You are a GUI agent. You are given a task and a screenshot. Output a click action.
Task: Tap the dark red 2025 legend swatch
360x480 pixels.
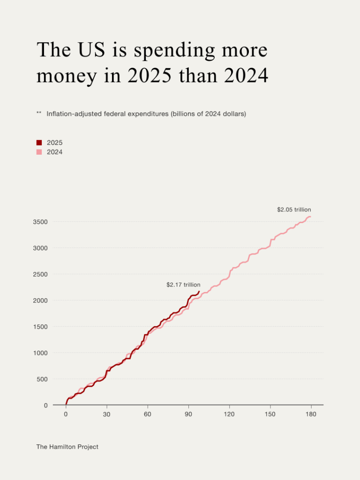click(x=39, y=142)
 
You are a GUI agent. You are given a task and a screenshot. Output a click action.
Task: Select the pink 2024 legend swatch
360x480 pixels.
click(x=39, y=152)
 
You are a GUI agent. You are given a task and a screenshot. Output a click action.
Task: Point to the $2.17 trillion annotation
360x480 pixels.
click(x=183, y=285)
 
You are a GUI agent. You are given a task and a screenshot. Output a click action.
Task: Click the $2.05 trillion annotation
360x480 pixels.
click(x=294, y=210)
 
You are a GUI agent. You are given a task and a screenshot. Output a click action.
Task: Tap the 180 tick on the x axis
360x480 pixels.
click(x=311, y=414)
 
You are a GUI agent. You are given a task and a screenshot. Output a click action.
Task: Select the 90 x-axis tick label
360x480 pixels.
click(x=188, y=414)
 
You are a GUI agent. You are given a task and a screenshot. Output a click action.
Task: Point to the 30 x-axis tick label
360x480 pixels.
click(x=107, y=414)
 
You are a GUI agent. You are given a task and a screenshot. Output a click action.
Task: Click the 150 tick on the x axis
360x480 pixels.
click(x=270, y=414)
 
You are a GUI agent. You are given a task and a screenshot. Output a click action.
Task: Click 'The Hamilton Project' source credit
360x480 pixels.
click(x=67, y=447)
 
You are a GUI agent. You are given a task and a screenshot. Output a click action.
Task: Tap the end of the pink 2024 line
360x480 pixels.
click(x=310, y=217)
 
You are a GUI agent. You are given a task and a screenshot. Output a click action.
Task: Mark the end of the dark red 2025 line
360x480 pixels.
click(x=199, y=292)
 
